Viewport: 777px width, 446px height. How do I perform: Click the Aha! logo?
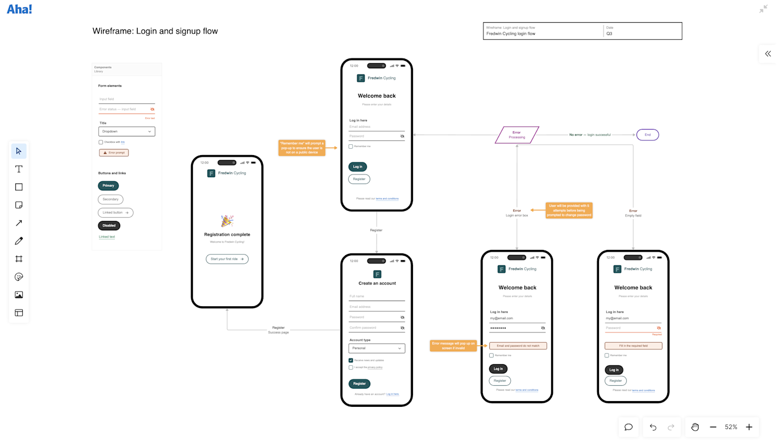point(19,9)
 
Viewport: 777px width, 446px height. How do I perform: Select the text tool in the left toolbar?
point(19,169)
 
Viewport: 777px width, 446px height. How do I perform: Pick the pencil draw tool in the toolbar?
point(19,241)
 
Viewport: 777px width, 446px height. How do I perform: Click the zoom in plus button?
point(749,427)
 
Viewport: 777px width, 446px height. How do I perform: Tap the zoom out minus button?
point(713,427)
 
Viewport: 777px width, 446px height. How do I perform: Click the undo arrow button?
point(653,427)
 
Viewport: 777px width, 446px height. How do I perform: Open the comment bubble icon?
point(629,427)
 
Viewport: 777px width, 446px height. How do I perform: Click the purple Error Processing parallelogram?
point(516,135)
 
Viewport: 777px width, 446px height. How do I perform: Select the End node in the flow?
point(647,135)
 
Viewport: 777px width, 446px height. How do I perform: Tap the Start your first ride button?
point(227,259)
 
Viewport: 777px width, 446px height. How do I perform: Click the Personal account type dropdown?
point(377,348)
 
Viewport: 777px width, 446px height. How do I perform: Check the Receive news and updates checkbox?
point(351,360)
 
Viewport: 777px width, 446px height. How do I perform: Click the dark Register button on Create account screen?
point(359,384)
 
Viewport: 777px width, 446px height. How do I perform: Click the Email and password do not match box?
point(518,345)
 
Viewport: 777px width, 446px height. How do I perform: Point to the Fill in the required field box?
point(633,345)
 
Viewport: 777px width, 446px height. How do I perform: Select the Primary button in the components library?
point(108,186)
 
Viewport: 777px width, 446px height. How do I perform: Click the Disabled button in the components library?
point(109,226)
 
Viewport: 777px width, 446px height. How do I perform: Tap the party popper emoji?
point(227,221)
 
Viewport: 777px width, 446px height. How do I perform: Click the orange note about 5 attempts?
point(569,210)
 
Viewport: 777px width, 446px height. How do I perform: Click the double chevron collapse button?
point(768,53)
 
